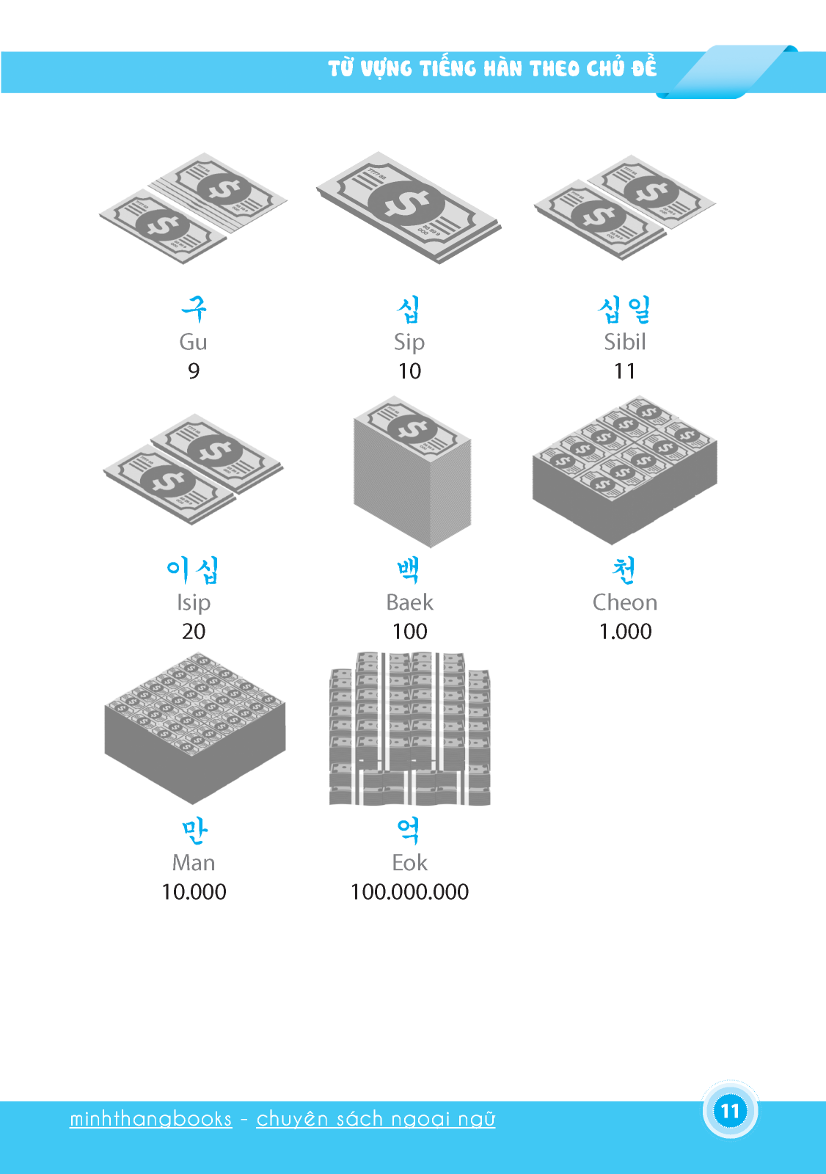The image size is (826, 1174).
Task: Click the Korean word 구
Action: point(194,309)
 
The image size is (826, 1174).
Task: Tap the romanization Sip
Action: point(409,343)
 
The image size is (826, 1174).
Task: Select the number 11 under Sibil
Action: point(624,371)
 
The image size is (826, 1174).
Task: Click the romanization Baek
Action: point(409,602)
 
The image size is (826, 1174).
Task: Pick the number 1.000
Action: point(625,632)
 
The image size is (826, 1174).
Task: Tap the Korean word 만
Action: point(194,832)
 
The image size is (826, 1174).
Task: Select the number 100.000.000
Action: point(409,892)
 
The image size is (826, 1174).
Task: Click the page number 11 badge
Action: point(730,1111)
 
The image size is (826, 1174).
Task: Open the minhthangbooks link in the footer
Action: point(151,1118)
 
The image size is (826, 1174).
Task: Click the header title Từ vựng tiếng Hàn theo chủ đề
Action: point(492,69)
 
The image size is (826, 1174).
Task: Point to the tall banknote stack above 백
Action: point(412,472)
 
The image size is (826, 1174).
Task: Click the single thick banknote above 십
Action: point(409,208)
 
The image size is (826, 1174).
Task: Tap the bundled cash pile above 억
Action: point(410,729)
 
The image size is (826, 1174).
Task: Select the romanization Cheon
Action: point(625,602)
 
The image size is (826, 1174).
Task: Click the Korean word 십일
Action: point(624,309)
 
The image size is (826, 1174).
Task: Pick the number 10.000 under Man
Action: point(194,892)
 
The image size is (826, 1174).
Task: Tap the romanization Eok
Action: point(409,863)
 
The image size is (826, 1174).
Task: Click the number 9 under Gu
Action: point(194,371)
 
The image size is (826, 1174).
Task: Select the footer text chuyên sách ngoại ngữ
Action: point(376,1119)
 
